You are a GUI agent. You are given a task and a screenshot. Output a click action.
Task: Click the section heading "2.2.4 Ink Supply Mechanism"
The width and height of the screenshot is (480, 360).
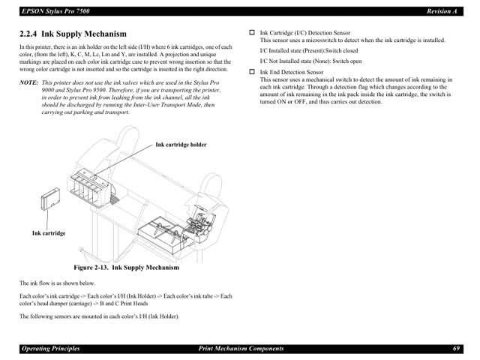73,34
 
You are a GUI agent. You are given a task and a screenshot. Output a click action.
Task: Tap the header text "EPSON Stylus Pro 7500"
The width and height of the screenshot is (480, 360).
55,11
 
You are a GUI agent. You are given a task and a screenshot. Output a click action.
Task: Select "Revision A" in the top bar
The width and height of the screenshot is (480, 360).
442,11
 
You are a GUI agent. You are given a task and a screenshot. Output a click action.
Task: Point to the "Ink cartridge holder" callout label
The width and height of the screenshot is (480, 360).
181,145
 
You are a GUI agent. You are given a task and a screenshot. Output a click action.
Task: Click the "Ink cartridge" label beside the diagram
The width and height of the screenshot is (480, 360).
49,233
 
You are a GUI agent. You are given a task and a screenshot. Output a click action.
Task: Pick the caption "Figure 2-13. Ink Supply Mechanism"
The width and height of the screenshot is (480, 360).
126,268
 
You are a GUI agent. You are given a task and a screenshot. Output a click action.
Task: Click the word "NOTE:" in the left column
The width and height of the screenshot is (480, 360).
28,82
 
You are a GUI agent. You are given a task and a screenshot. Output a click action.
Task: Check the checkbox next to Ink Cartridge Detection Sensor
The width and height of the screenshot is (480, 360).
252,33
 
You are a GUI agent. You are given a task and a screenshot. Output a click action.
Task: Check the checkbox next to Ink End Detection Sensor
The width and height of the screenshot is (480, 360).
252,72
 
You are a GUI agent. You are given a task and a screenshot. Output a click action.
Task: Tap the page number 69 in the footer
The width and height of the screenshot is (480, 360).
455,349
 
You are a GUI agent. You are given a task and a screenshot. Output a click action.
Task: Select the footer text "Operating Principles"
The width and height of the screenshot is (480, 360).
50,349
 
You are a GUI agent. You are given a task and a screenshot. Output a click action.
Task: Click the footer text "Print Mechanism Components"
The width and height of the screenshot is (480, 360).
241,349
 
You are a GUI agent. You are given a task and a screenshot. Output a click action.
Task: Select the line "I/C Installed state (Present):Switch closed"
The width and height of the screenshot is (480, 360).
308,51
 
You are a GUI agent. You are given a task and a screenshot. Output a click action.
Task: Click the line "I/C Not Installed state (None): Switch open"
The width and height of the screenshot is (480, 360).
310,61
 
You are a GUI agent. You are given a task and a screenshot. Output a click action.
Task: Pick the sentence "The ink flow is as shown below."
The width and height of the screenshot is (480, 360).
57,283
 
